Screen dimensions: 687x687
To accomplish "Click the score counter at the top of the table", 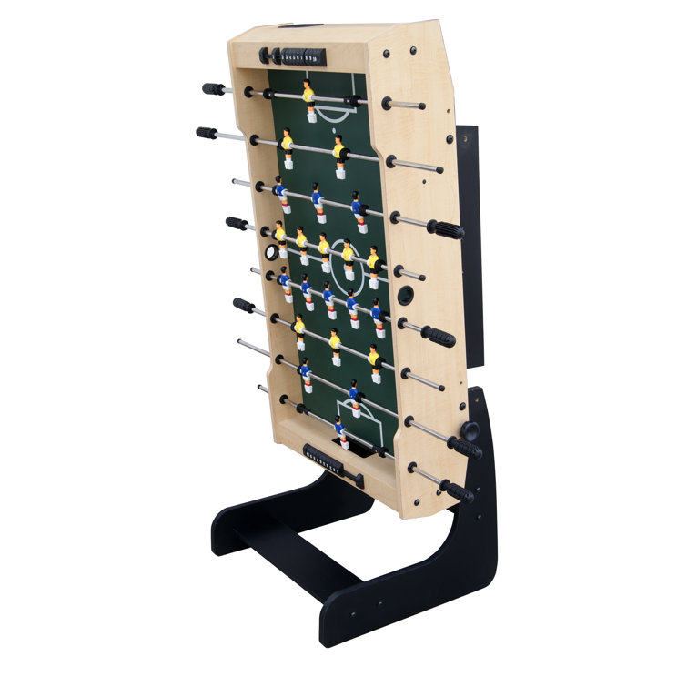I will click(x=293, y=56).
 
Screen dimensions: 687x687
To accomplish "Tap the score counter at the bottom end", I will click(x=326, y=460).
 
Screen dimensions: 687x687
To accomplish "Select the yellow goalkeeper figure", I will click(x=309, y=100).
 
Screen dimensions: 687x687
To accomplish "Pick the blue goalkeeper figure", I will click(x=340, y=431).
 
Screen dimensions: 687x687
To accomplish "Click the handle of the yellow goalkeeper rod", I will click(x=213, y=89).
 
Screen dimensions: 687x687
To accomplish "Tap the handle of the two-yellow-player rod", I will click(x=207, y=133).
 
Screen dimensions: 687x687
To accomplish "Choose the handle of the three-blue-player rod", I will click(x=445, y=228).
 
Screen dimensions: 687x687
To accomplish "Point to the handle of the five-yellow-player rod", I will click(x=237, y=223).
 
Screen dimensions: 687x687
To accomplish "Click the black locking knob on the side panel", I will click(x=470, y=430).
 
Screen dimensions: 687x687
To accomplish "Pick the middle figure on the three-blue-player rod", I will click(x=317, y=198).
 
